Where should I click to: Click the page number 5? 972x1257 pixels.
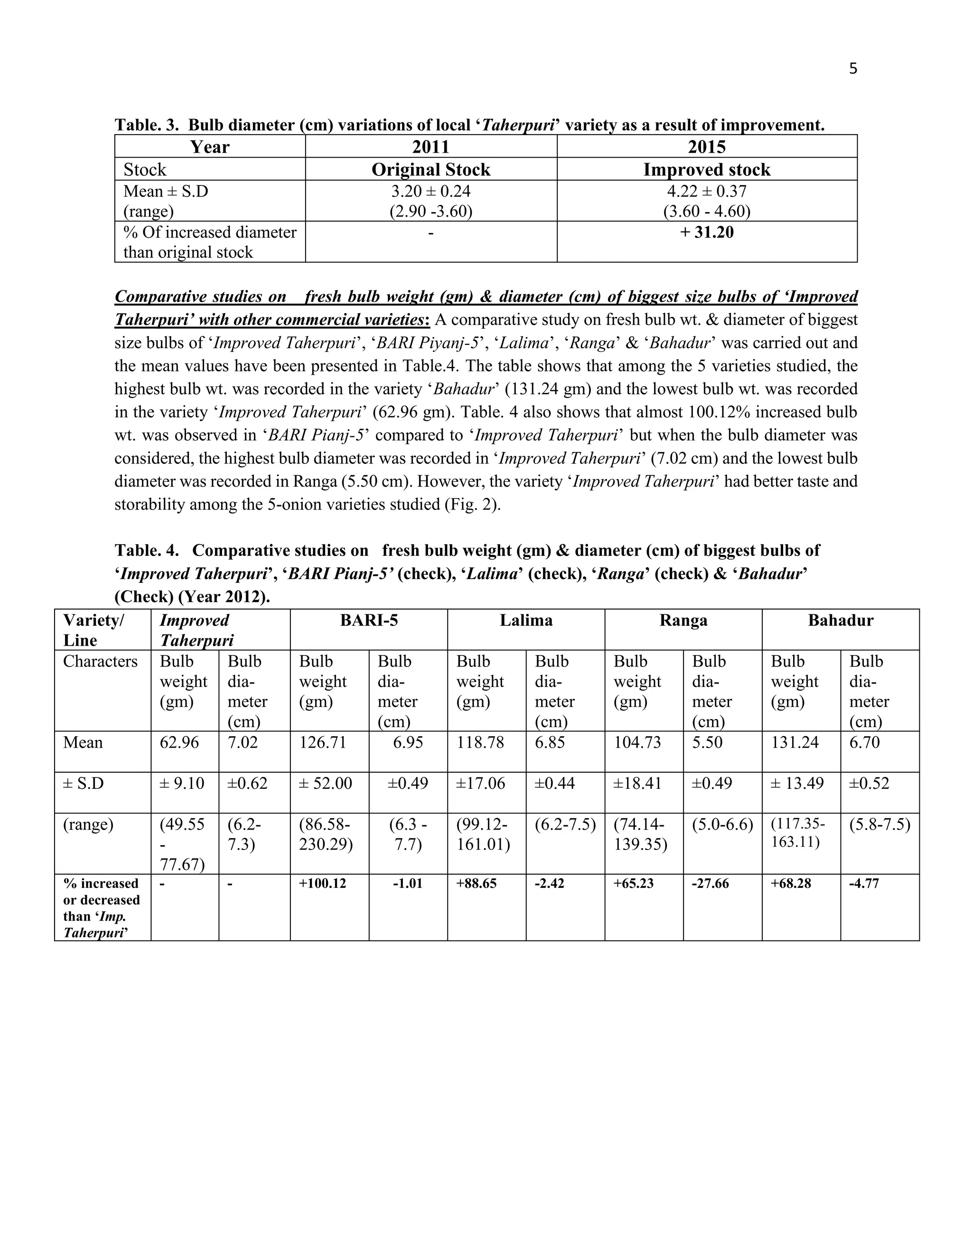pos(853,69)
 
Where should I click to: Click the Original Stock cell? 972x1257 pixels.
pos(431,170)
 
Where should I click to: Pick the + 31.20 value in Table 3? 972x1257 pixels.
pos(707,232)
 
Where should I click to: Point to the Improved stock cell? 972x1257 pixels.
pos(707,170)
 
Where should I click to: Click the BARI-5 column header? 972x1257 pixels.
pos(368,620)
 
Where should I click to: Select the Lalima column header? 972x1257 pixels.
pos(526,620)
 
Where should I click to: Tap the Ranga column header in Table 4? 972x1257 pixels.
pos(683,620)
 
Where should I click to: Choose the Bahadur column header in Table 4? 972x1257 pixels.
pos(840,620)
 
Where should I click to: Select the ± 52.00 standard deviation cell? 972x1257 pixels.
pos(325,783)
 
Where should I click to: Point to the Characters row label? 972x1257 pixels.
pos(100,661)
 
